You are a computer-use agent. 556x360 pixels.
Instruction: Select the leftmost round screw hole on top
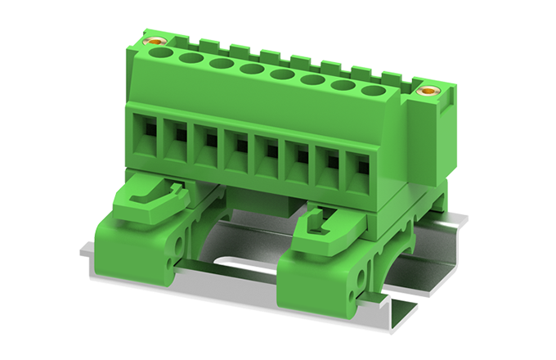[x=162, y=53]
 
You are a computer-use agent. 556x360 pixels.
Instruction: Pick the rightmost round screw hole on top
[x=373, y=92]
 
